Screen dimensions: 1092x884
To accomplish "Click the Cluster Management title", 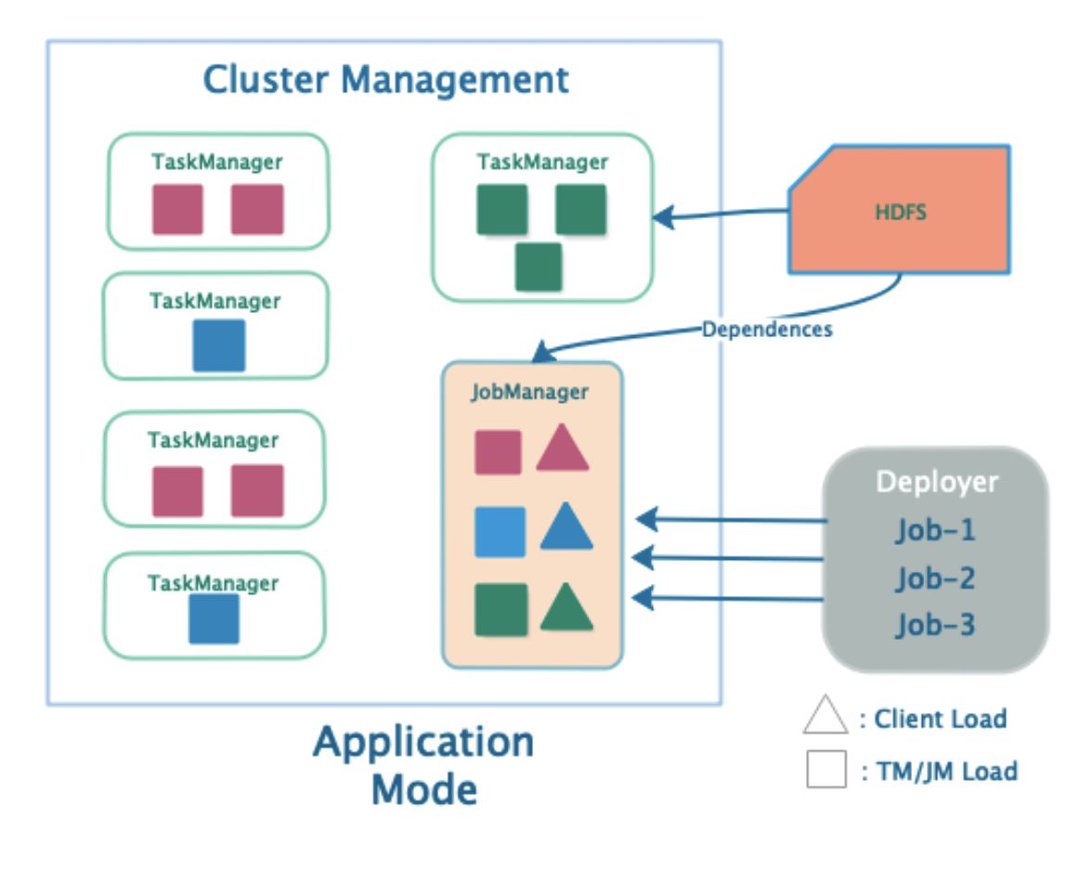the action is coord(386,80).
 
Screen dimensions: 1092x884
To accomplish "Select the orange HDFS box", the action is coord(899,210).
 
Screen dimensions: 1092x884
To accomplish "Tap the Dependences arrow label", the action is coord(767,329).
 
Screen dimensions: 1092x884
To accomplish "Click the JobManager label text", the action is coord(529,392).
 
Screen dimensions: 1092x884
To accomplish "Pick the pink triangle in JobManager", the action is coord(563,450).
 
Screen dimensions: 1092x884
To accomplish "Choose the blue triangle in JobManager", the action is coord(566,528).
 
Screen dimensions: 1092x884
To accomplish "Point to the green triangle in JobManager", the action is coord(566,608).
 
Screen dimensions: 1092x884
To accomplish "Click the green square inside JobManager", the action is coord(500,609).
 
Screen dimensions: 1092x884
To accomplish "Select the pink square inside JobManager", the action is coord(498,452).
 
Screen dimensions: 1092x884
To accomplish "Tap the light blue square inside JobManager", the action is coord(500,531).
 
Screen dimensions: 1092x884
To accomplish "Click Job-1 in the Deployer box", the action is coord(935,531).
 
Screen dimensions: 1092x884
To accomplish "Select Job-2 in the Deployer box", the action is coord(935,578).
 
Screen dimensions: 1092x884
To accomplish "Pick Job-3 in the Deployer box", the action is coord(935,625).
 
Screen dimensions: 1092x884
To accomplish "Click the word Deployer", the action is coord(937,482).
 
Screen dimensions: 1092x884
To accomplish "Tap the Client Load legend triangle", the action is coord(825,714).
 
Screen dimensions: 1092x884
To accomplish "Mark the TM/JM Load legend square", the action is coord(826,769).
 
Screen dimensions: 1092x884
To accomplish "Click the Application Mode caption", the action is coord(423,765).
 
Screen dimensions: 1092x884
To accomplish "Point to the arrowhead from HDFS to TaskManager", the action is coord(664,216).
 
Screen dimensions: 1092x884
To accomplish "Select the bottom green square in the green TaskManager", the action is coord(539,266).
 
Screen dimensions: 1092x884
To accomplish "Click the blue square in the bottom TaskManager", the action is coord(214,618).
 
